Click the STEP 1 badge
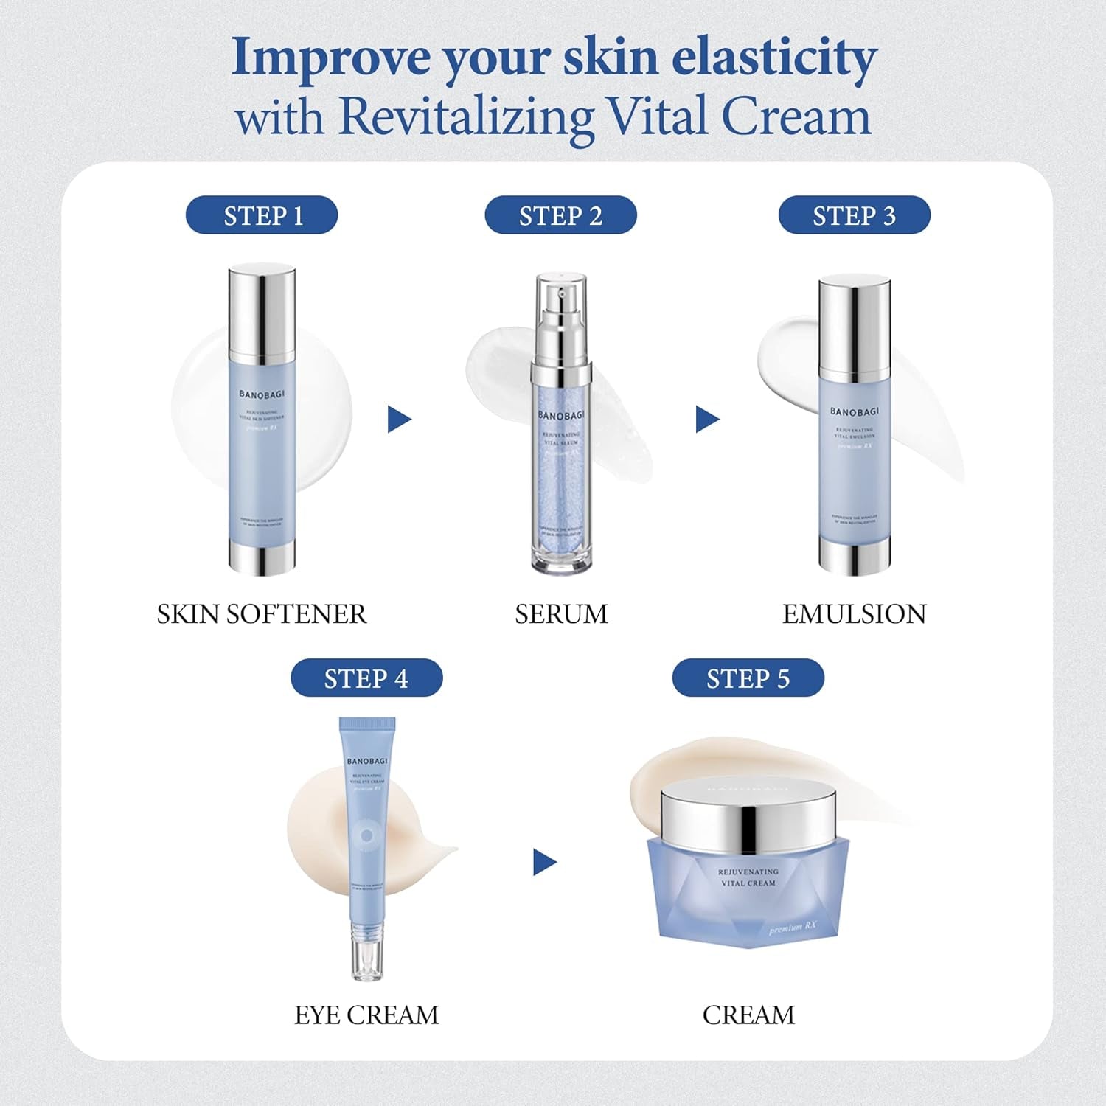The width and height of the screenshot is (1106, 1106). pos(262,215)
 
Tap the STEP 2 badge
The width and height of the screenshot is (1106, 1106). pos(560,215)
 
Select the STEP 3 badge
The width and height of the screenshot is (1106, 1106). pos(854,215)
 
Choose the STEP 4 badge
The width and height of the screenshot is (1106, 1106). pos(366,678)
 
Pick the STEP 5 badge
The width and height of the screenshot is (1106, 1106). pos(748,678)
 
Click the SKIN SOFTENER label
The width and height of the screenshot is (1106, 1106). pos(262,614)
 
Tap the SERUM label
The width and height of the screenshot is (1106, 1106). pos(561,614)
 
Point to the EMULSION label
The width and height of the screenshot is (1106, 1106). pos(854,614)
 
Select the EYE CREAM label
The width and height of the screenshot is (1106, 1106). pos(366,1015)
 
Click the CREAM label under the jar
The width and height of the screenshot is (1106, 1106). pos(748,1015)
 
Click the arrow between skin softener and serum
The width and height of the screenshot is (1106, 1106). pos(398,420)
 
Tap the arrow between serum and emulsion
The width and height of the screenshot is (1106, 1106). pos(706,420)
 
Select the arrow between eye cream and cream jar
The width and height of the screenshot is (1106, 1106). pos(543,862)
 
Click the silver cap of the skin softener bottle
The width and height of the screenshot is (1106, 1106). pos(262,310)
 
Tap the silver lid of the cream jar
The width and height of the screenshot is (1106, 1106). pos(748,818)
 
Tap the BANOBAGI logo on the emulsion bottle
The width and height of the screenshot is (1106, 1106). pos(854,411)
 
